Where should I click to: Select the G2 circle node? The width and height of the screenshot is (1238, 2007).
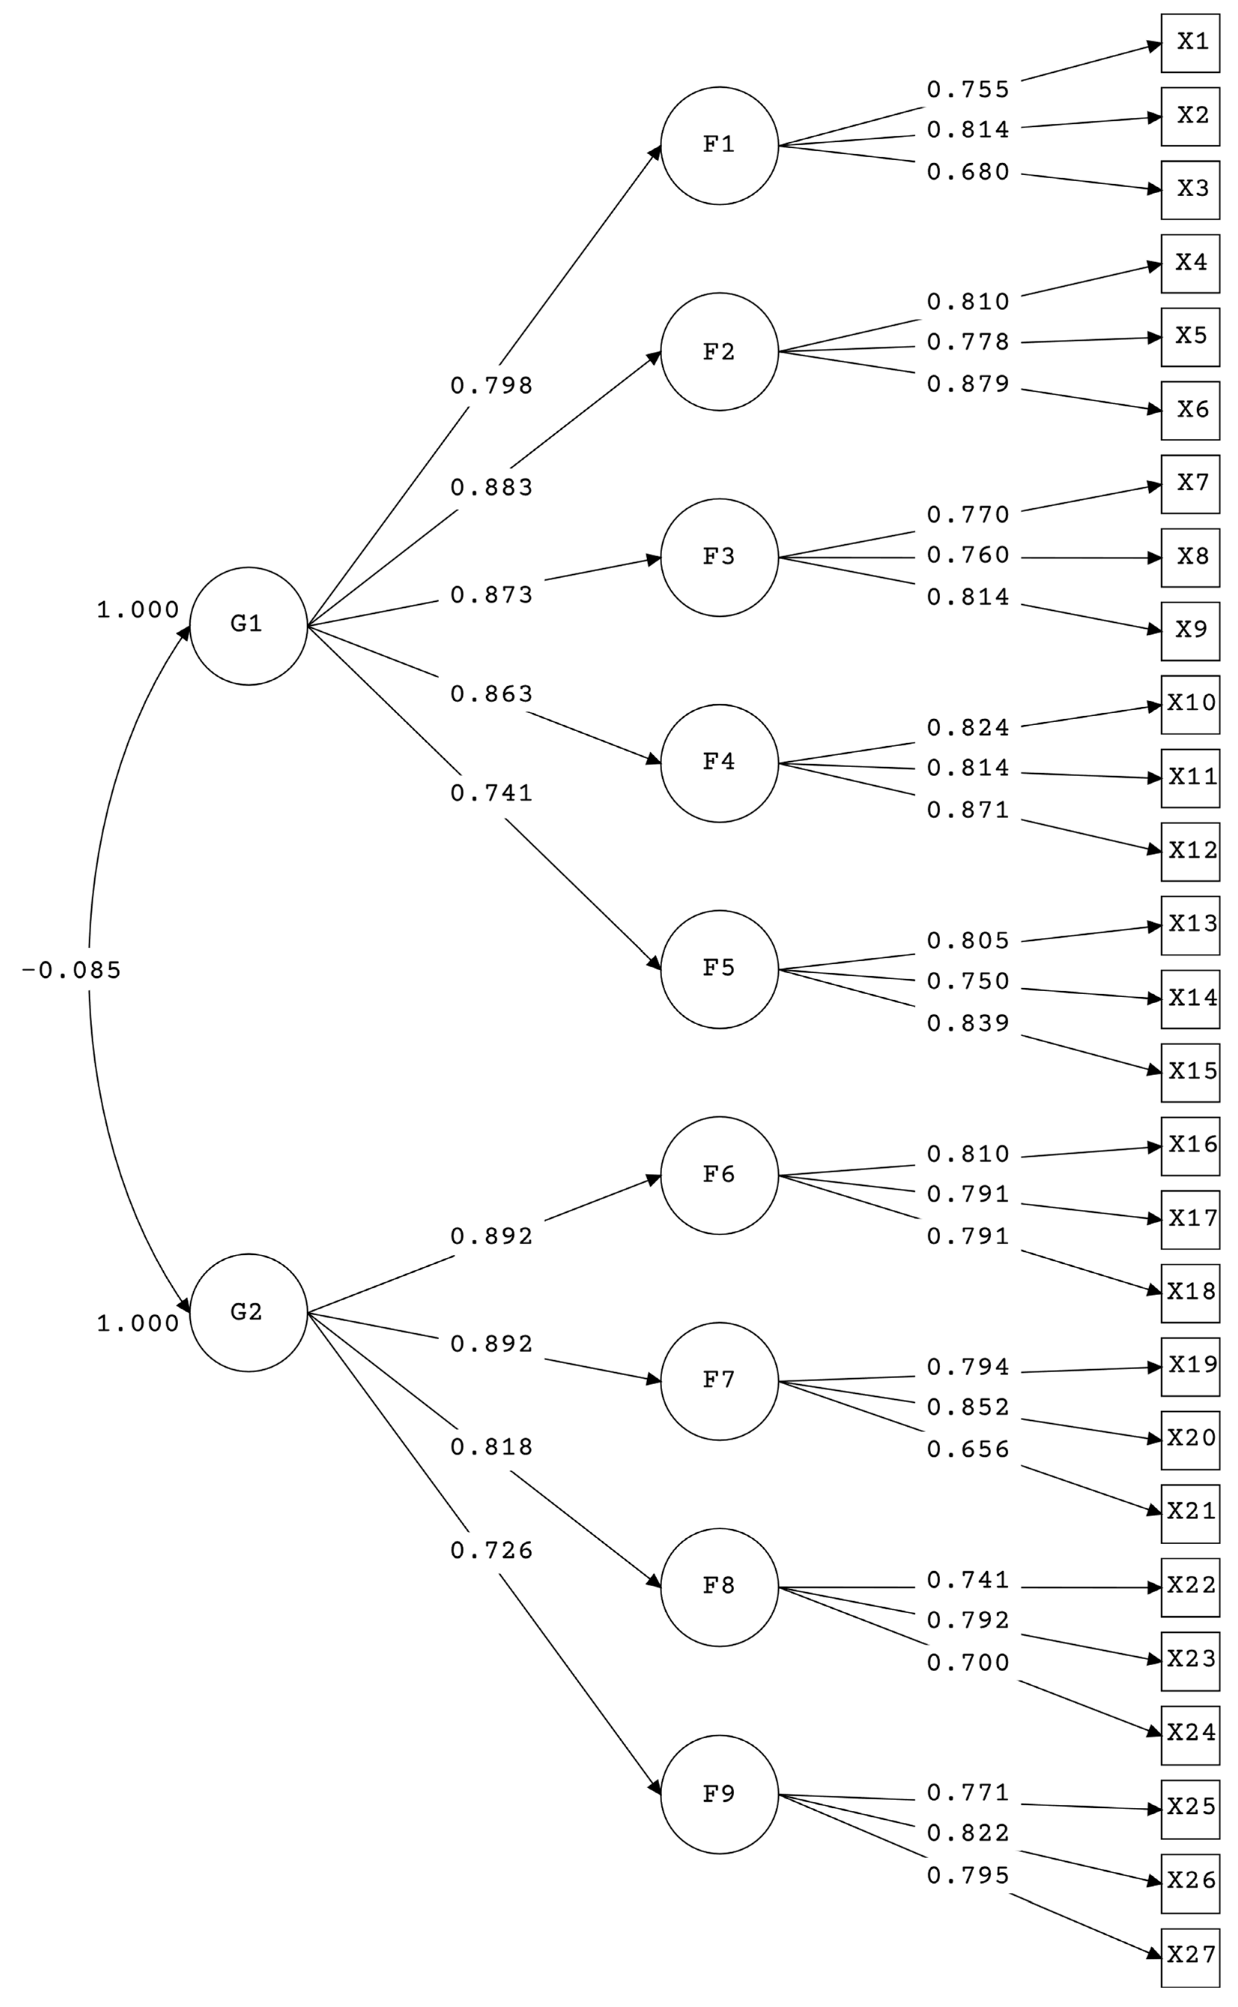(x=248, y=1313)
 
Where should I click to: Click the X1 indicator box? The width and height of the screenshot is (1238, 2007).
(x=1190, y=43)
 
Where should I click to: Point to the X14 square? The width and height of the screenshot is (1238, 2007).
(x=1190, y=999)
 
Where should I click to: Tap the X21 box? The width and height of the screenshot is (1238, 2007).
(x=1190, y=1511)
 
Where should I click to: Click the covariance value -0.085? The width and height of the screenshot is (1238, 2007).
(x=71, y=970)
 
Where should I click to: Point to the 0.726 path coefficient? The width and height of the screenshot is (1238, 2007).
(x=491, y=1550)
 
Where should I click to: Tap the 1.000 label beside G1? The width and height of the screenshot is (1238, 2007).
(x=137, y=610)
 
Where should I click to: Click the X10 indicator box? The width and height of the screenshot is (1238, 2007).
(x=1190, y=704)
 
